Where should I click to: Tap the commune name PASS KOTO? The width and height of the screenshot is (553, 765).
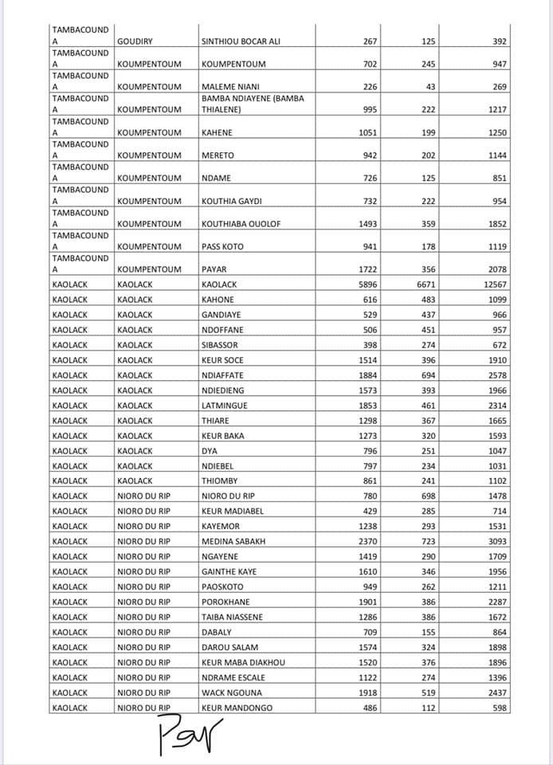click(x=223, y=247)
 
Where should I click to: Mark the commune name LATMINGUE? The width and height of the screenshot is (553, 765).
click(x=225, y=406)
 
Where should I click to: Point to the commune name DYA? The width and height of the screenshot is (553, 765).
click(x=210, y=451)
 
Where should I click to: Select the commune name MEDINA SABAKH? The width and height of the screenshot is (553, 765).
click(x=233, y=542)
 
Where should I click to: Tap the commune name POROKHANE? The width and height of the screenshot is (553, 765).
click(x=226, y=602)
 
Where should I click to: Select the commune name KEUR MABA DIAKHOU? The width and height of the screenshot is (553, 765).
click(x=243, y=663)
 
